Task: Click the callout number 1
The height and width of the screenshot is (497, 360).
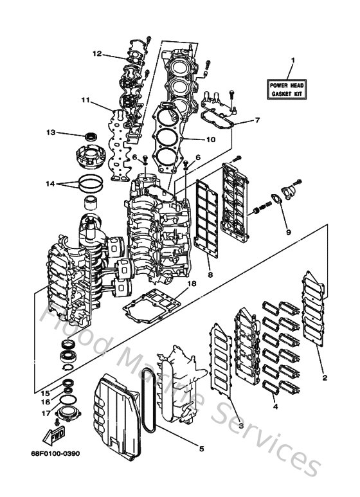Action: (292, 63)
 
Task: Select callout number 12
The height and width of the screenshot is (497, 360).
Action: (96, 53)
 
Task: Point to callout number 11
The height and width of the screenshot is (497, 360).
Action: (85, 100)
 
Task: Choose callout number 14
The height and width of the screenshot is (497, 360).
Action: (51, 184)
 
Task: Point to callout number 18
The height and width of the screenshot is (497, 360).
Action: (191, 283)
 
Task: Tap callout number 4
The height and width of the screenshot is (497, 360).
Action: (275, 406)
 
